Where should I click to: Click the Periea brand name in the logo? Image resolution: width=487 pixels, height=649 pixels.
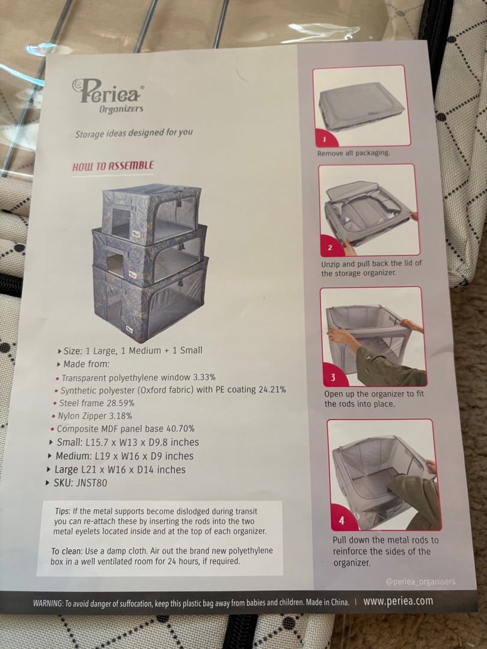108,91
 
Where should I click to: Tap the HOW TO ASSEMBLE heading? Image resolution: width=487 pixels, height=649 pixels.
112,166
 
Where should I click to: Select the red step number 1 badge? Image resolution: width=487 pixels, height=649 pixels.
325,139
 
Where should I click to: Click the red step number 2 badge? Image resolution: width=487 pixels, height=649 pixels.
330,248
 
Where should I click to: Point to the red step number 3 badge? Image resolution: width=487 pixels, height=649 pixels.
333,377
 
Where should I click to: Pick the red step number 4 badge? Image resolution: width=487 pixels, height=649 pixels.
342,520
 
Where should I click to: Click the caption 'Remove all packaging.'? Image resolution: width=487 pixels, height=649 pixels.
354,153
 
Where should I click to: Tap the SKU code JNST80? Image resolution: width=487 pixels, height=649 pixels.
91,483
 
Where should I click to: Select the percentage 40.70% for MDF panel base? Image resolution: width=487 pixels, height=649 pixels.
180,428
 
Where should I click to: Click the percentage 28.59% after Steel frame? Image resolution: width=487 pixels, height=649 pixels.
120,403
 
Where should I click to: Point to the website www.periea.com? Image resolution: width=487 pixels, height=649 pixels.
398,601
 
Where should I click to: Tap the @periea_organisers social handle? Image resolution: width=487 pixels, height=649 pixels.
420,582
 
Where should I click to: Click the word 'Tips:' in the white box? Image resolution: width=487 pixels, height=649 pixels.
63,511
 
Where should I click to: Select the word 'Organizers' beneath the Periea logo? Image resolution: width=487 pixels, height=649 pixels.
121,109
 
